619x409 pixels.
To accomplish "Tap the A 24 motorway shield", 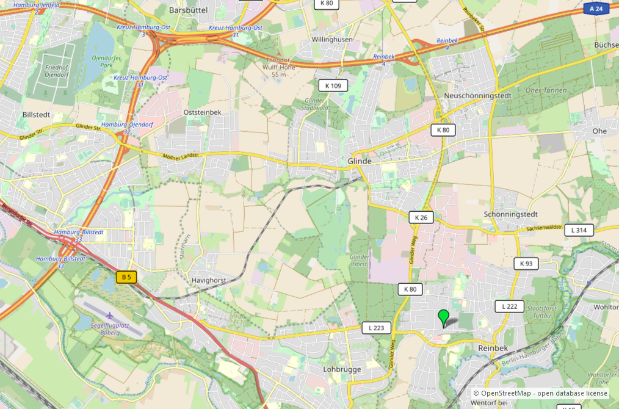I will click(x=596, y=9).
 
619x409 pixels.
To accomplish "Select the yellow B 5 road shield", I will click(x=126, y=277).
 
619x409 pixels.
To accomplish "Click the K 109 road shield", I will click(x=333, y=85).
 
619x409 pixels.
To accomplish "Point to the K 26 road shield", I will click(x=421, y=217).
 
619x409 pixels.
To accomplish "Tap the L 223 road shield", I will click(x=376, y=328).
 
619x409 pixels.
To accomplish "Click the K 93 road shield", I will click(x=527, y=264).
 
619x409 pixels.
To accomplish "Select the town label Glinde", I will click(x=360, y=161).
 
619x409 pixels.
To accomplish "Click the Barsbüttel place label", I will click(x=189, y=10).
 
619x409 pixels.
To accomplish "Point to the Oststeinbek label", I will click(x=202, y=112).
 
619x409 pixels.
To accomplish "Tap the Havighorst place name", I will click(x=208, y=280).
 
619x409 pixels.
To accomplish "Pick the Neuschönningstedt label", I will click(x=477, y=96).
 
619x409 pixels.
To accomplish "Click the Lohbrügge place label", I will click(x=342, y=369).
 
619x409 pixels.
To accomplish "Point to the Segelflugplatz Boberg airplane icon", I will click(x=109, y=316).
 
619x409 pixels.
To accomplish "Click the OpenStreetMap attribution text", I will click(x=540, y=393).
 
